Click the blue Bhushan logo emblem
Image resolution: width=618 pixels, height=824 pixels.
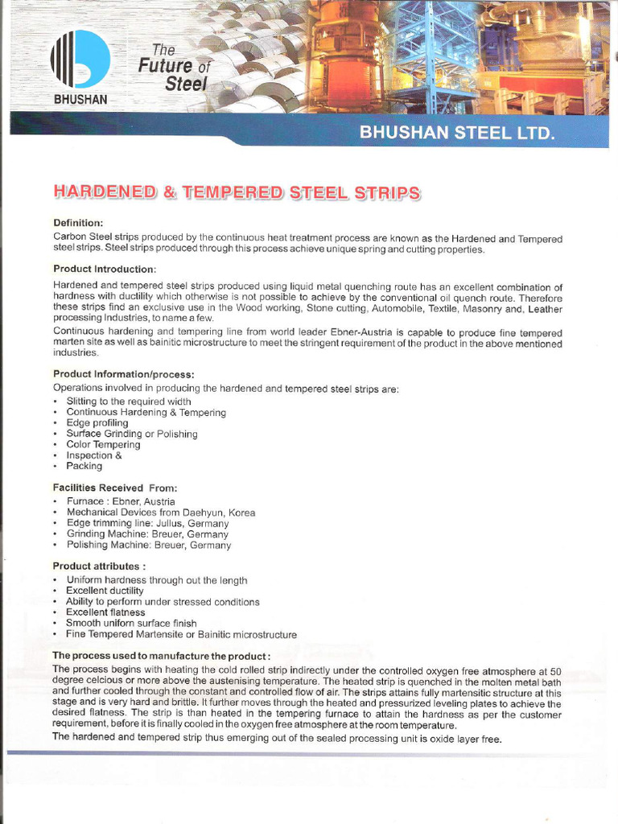(80, 60)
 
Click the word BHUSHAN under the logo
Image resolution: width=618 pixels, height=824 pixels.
(80, 100)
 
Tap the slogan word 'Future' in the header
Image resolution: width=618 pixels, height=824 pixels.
(165, 66)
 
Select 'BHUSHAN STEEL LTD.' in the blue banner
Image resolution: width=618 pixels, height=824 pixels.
(457, 133)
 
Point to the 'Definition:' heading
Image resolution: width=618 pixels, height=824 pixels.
(78, 223)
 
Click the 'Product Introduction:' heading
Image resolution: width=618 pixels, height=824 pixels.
(105, 268)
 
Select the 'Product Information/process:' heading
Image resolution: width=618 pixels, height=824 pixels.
(123, 373)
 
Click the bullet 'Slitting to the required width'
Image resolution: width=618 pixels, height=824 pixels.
(128, 402)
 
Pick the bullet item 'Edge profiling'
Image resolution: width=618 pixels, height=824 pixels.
(97, 423)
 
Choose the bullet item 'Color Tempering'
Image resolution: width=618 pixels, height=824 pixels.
(103, 445)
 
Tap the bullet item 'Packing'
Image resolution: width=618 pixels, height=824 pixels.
(84, 466)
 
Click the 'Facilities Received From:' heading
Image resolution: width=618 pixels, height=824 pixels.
(115, 488)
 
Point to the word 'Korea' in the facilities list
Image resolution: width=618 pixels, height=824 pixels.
(241, 513)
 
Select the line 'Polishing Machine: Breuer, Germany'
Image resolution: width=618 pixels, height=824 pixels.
(148, 545)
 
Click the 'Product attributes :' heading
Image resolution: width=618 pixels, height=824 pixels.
(99, 566)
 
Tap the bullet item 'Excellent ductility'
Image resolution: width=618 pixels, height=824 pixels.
(105, 591)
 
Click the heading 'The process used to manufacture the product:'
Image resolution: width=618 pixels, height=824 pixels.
(161, 657)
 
